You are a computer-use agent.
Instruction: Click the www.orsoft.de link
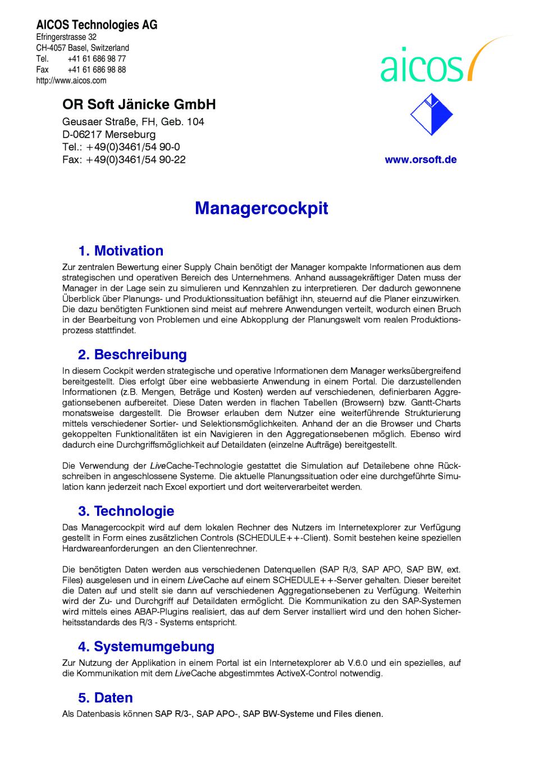(x=421, y=159)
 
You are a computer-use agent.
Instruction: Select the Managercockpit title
(x=262, y=208)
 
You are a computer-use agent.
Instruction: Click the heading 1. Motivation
(x=121, y=250)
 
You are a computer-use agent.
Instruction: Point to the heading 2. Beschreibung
(x=133, y=354)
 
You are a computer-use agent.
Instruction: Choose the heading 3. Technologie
(x=126, y=511)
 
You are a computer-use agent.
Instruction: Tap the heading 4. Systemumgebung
(x=146, y=646)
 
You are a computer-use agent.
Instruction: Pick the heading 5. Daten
(x=106, y=697)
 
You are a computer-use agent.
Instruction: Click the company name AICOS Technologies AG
(x=97, y=25)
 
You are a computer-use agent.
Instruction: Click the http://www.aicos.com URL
(x=71, y=80)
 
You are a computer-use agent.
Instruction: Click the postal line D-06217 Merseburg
(x=109, y=135)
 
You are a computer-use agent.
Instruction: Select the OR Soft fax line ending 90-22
(x=124, y=159)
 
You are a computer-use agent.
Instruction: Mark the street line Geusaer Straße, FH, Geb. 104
(x=133, y=122)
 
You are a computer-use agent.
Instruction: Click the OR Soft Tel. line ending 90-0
(x=121, y=147)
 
